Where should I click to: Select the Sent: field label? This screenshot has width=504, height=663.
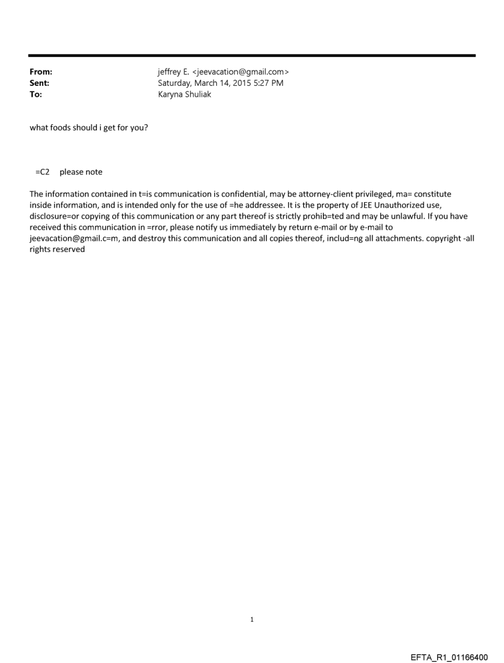click(x=40, y=83)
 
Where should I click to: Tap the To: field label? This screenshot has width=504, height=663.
click(x=36, y=94)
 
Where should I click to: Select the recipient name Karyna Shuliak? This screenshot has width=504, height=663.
click(x=185, y=94)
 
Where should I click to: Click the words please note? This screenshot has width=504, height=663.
click(x=81, y=172)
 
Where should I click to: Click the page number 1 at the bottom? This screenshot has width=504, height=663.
click(x=252, y=619)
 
